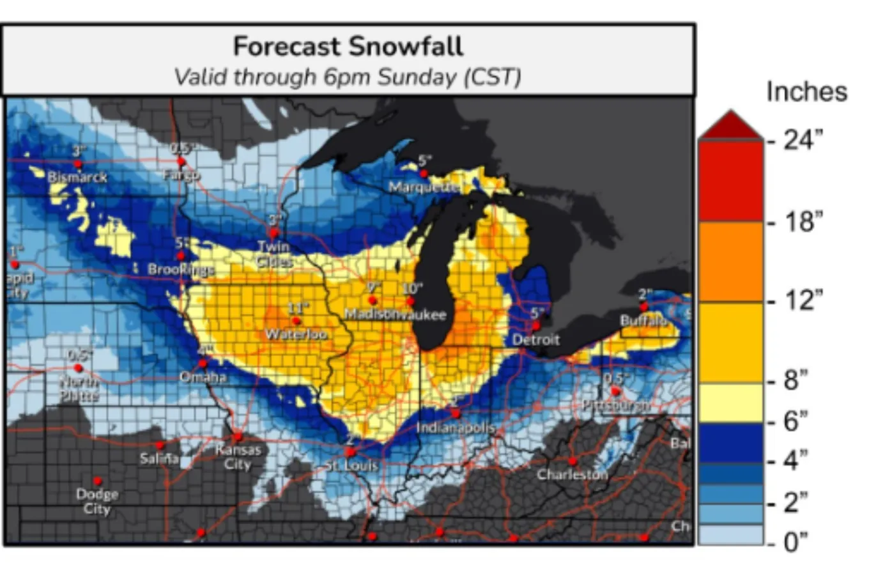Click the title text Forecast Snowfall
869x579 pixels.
click(x=348, y=47)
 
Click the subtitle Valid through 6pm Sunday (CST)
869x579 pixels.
click(x=348, y=77)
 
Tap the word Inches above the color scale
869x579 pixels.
click(x=806, y=91)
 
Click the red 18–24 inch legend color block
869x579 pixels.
click(x=730, y=181)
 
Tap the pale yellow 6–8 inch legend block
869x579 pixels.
click(x=730, y=403)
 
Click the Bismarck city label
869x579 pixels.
click(x=77, y=177)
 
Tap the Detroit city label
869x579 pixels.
click(x=535, y=340)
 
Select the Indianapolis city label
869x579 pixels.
click(x=456, y=428)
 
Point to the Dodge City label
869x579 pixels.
click(x=97, y=501)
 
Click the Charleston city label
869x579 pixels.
click(x=572, y=474)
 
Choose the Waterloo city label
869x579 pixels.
click(x=296, y=334)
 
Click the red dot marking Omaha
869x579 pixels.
click(x=203, y=364)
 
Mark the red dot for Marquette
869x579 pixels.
click(x=423, y=173)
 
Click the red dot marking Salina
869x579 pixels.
click(x=160, y=445)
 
